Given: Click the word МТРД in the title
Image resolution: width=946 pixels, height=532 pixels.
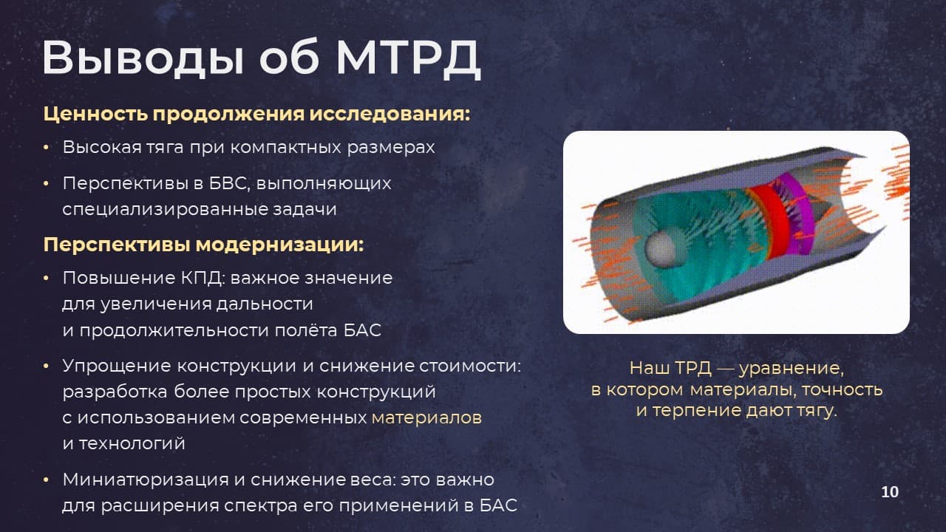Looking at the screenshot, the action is point(409,58).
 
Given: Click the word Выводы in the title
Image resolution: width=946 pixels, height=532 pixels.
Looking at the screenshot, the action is point(143,59).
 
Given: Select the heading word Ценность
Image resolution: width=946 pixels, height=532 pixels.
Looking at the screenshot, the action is point(95,114).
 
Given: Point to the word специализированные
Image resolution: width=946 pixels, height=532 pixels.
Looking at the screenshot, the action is point(165,210).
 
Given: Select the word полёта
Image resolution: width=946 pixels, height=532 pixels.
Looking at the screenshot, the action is point(306,330).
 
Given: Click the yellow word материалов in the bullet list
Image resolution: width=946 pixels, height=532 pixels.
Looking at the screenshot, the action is point(426,417).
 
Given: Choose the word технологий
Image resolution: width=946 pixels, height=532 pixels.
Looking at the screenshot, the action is point(132,444).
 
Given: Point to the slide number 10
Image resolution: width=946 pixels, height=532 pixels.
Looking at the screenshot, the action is point(890,492).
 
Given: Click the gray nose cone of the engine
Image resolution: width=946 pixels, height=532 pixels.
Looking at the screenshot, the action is point(661,249).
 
